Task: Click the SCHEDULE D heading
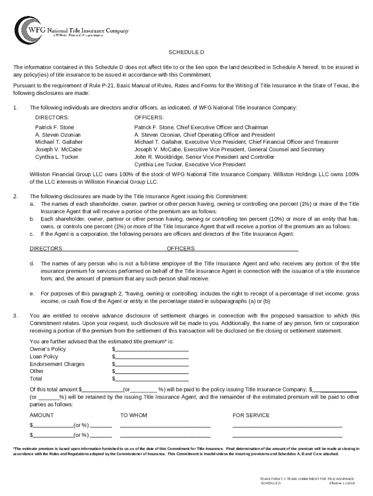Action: coord(186,52)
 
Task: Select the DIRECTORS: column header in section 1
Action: coord(52,118)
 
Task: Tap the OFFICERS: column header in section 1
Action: coord(149,118)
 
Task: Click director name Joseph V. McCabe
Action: coord(58,150)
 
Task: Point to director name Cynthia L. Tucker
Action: coord(56,157)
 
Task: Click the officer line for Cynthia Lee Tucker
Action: coord(190,165)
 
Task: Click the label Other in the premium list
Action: coord(36,372)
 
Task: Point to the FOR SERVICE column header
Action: coord(251,416)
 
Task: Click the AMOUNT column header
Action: coord(42,416)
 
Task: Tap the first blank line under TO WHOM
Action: coord(165,426)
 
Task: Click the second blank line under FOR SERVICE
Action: coord(287,435)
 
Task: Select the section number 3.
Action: coord(16,316)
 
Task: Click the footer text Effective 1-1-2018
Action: coord(342,484)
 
